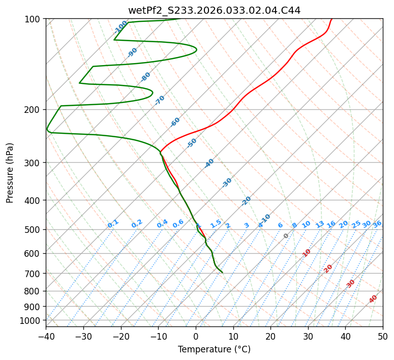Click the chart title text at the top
[x=214, y=10]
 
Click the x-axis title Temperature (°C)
[x=214, y=350]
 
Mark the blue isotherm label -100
[x=121, y=26]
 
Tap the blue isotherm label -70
[x=160, y=100]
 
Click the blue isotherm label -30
[x=227, y=182]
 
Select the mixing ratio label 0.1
[x=113, y=223]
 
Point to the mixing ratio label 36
[x=377, y=224]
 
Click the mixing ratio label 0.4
[x=162, y=224]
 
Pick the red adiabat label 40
[x=373, y=299]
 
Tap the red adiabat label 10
[x=306, y=253]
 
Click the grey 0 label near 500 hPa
[x=286, y=236]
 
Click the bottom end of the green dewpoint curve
[x=222, y=273]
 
